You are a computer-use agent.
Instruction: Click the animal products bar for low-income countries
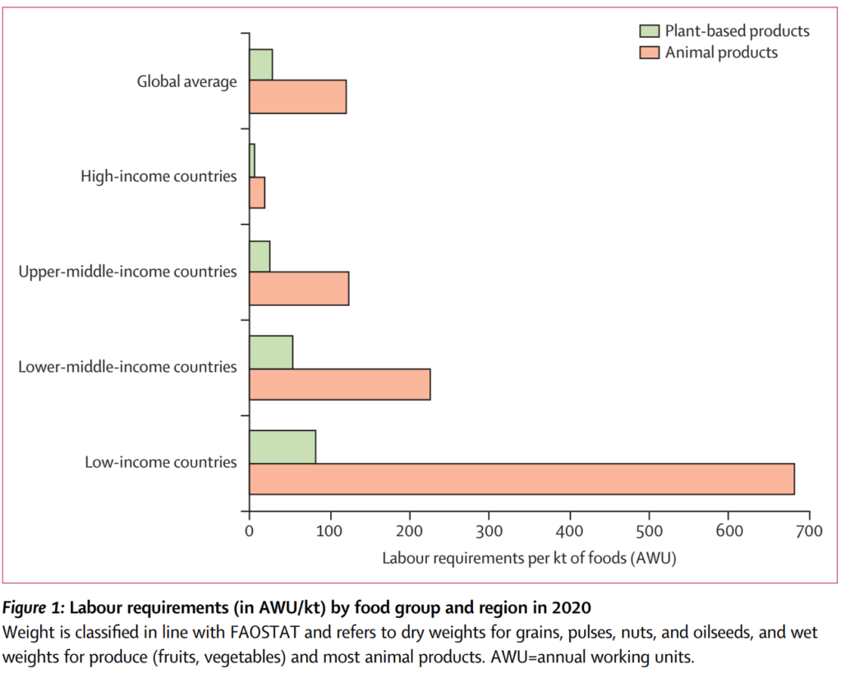522,478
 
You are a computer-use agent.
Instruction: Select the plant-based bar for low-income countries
283,446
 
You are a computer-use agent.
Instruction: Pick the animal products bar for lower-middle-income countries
339,384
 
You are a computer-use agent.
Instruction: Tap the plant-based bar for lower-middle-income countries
271,352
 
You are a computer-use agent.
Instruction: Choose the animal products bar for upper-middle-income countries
299,289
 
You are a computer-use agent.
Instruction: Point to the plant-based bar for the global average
261,65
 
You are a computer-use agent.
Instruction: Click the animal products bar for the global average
297,97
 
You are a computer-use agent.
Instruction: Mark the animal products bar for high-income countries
257,192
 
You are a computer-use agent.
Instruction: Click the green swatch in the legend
650,32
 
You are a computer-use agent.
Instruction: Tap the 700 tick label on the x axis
809,531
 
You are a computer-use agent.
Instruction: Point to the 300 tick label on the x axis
489,531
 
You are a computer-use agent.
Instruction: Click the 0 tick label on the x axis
250,531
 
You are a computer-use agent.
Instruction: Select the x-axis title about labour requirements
528,558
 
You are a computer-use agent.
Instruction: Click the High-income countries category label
159,176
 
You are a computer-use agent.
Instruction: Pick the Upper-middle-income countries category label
127,272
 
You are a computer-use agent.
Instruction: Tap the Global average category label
187,81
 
